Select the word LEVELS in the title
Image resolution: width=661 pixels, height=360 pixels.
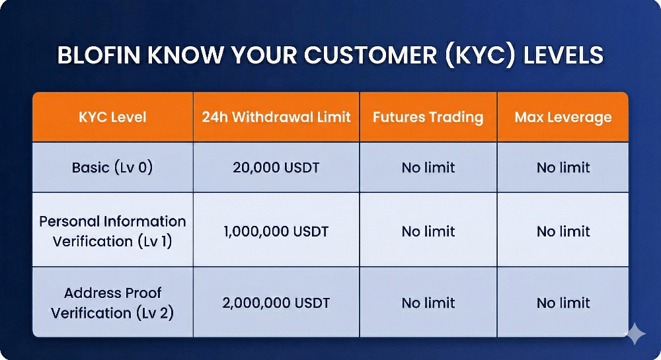click(563, 55)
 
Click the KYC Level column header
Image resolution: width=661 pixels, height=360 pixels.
click(112, 118)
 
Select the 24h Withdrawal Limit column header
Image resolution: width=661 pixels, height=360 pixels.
click(276, 118)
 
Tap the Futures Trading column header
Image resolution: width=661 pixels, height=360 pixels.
click(428, 118)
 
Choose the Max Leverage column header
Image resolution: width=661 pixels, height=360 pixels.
click(563, 118)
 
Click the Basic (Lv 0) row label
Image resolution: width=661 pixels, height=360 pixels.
click(112, 167)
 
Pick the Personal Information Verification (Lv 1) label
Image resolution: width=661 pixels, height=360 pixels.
click(112, 231)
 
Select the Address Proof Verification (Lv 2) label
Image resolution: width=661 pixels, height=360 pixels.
click(112, 303)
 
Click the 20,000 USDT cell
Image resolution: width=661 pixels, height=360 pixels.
click(276, 167)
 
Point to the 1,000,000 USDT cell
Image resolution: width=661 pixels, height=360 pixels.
click(276, 232)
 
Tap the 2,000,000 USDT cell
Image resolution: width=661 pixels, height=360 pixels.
click(276, 303)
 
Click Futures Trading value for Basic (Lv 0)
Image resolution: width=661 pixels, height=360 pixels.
click(428, 168)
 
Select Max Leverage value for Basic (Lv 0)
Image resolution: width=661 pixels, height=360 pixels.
click(563, 168)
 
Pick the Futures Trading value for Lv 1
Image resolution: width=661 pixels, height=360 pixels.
click(428, 232)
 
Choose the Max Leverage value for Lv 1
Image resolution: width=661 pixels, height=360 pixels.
click(563, 232)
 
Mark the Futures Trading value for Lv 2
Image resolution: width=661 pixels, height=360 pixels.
click(428, 303)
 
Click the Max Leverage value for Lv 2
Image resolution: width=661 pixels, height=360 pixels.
click(563, 303)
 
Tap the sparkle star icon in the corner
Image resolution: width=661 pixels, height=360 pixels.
click(635, 334)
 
